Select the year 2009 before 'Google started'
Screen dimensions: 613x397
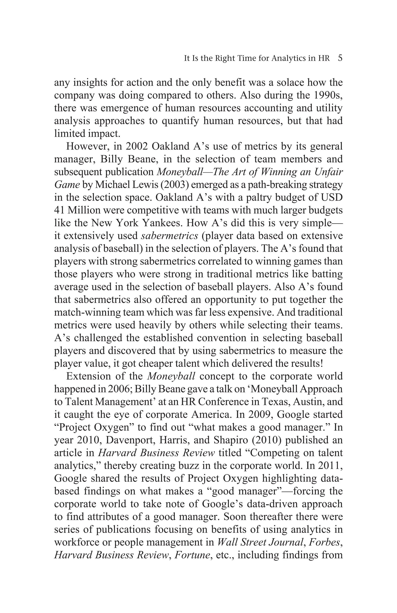[261, 414]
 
